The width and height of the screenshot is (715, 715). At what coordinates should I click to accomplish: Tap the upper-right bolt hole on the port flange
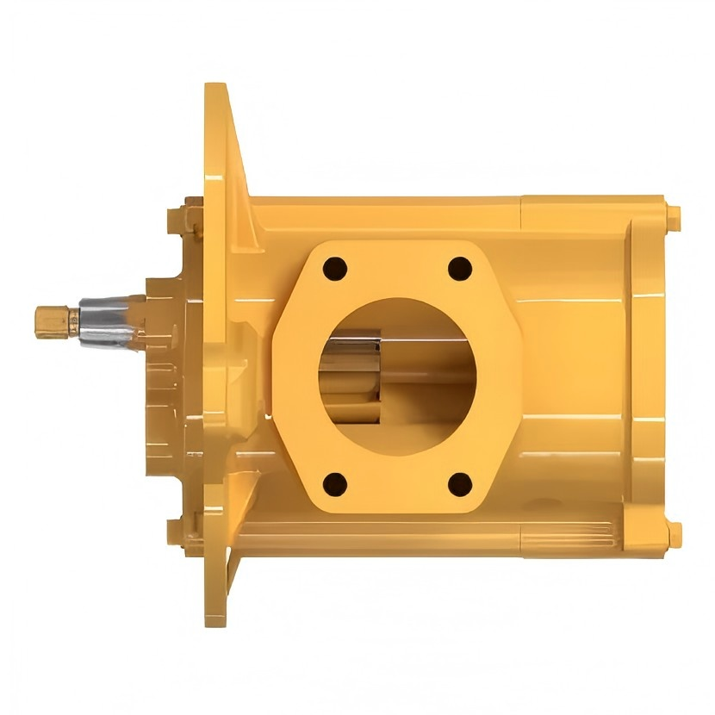(x=460, y=268)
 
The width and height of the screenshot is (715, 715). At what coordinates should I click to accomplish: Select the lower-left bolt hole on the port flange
(x=334, y=484)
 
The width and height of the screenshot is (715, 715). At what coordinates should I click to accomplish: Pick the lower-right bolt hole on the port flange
(x=460, y=484)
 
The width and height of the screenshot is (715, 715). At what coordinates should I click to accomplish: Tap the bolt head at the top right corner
(x=672, y=215)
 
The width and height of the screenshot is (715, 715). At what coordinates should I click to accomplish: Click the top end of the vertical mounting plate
(x=215, y=95)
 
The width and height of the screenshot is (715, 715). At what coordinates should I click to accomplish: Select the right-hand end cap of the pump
(x=646, y=375)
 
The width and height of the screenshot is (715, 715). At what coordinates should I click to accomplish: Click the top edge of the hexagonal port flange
(x=396, y=244)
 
